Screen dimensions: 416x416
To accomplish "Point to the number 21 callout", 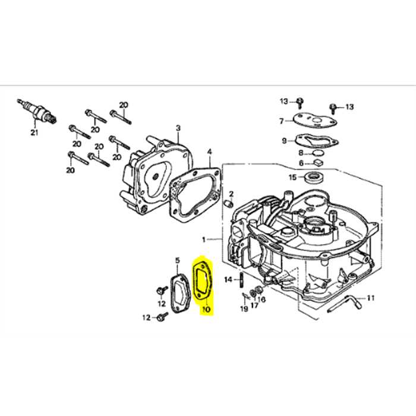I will tap(34, 132).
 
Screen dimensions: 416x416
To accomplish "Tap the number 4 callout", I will tap(209, 152).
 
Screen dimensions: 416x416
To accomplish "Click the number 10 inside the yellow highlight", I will tap(206, 309).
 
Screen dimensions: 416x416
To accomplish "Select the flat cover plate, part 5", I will tap(177, 292).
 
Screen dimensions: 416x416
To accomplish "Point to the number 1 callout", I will tap(203, 239).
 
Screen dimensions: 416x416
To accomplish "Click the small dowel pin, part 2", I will tap(226, 204).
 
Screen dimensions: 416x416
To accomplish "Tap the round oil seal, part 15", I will tap(313, 177).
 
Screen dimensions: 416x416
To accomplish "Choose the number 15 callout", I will tap(292, 177).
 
